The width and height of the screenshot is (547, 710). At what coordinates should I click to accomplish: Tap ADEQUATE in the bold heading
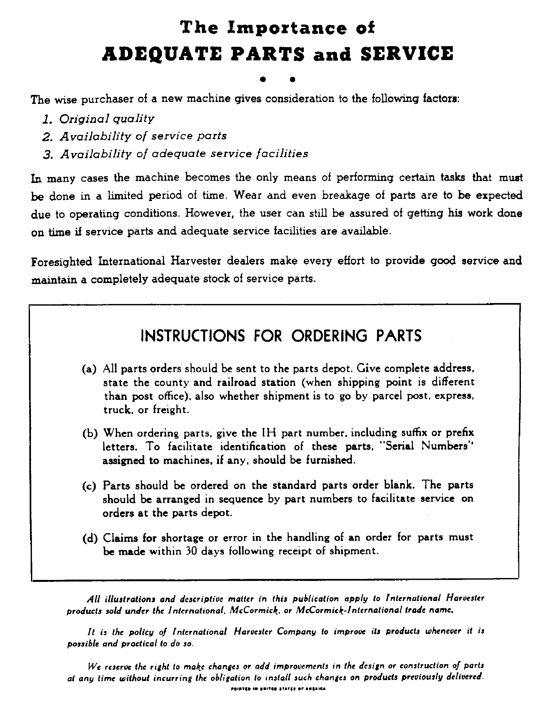pos(162,54)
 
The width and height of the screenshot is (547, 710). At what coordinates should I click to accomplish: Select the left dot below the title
pos(264,79)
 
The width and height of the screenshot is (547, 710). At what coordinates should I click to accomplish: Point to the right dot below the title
pos(292,79)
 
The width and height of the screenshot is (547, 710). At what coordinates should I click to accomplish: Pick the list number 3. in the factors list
pos(48,154)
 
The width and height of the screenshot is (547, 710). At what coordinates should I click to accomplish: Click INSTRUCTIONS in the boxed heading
pos(193,336)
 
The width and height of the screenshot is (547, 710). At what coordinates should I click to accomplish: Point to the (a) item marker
pos(89,369)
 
